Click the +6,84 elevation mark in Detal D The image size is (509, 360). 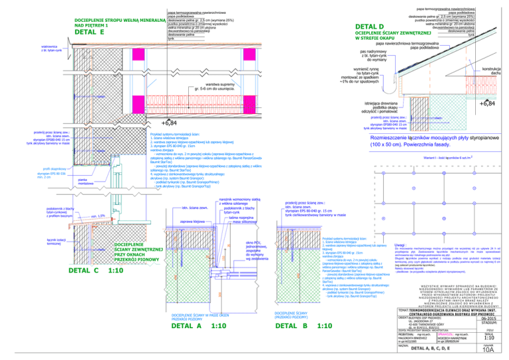488,103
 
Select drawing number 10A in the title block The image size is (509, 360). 488,353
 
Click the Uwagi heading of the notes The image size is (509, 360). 384,245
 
